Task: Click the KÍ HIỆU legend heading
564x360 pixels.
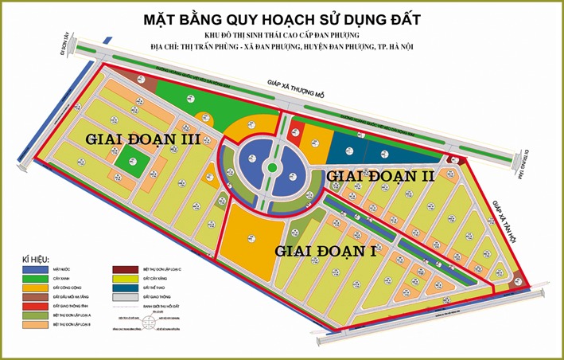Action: coord(36,260)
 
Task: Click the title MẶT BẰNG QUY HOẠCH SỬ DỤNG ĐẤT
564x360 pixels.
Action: coord(282,18)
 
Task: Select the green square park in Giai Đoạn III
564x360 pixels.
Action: coord(129,162)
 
